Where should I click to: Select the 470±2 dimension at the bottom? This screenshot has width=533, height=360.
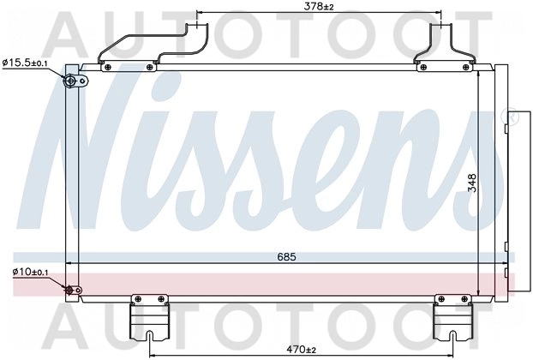pyautogui.click(x=301, y=349)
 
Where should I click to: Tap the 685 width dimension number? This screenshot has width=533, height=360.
pyautogui.click(x=286, y=256)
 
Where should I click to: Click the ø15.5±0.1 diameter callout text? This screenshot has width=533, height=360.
pyautogui.click(x=25, y=63)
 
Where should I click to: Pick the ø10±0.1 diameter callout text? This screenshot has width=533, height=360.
pyautogui.click(x=31, y=272)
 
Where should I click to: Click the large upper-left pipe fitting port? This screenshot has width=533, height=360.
pyautogui.click(x=71, y=81)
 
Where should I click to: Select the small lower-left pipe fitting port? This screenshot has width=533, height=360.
pyautogui.click(x=69, y=291)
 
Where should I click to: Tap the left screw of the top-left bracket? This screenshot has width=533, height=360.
pyautogui.click(x=108, y=68)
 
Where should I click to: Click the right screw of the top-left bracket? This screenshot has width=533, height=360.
pyautogui.click(x=149, y=68)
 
